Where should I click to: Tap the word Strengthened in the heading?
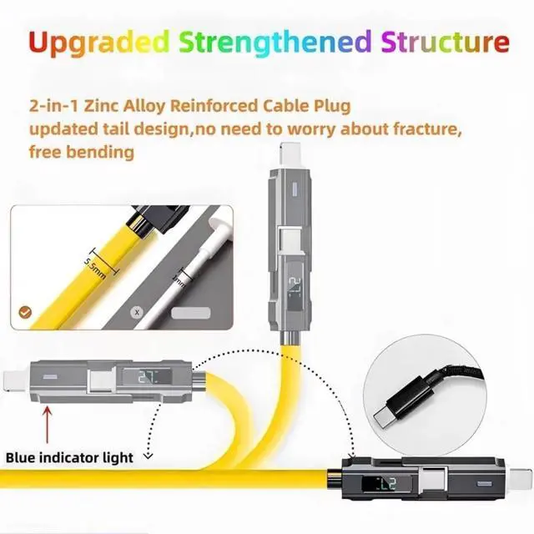point(266,41)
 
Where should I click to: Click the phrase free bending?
point(81,153)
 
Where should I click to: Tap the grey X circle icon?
point(138,312)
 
